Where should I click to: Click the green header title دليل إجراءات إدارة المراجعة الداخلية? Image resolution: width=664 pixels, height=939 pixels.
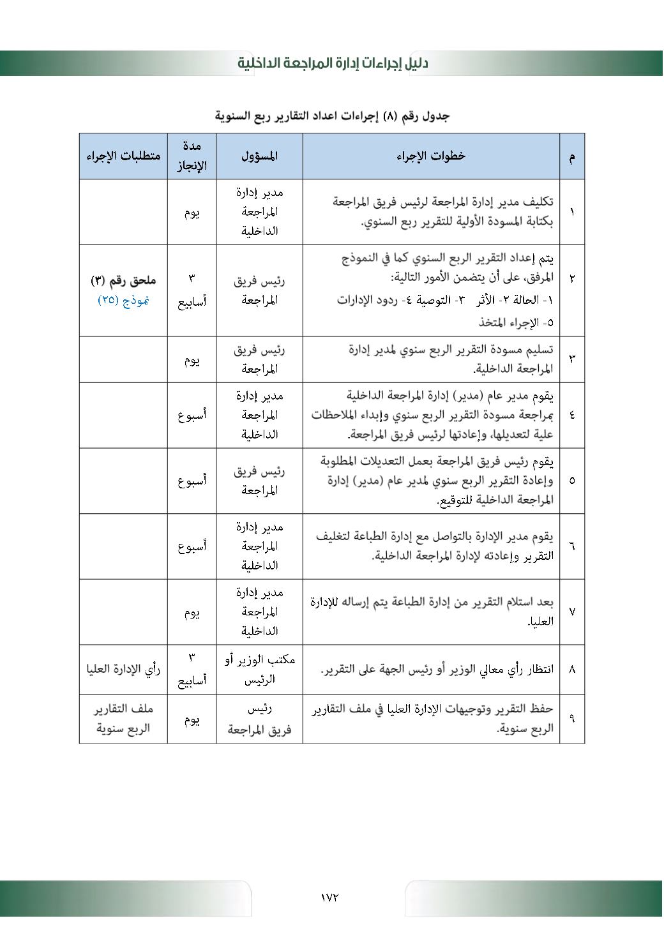coord(333,63)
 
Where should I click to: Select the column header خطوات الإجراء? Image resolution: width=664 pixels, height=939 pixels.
coord(431,156)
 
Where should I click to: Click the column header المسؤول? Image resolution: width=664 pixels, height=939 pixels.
coord(259,156)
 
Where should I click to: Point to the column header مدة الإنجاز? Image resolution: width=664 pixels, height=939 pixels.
coord(192,156)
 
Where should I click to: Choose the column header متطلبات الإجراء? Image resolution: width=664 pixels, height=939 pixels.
coord(123,156)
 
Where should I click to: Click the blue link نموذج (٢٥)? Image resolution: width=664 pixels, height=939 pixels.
coord(123,300)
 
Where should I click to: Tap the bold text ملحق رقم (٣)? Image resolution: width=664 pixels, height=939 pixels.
coord(123,280)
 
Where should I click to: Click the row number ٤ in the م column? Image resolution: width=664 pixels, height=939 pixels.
coord(571,415)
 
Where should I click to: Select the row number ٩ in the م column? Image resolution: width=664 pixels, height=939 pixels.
coord(571,719)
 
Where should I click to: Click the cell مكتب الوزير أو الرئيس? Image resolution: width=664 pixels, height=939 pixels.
coord(259,669)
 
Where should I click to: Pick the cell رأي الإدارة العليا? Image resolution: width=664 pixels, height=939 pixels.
coord(123,669)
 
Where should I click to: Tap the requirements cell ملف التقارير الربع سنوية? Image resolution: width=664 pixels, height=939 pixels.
coord(123,719)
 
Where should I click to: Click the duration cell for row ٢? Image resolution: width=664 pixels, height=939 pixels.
coord(192,290)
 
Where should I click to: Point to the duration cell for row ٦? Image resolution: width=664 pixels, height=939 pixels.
coord(192,546)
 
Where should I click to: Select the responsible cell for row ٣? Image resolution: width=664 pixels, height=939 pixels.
coord(259,359)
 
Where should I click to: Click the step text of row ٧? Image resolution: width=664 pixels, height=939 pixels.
coord(431,612)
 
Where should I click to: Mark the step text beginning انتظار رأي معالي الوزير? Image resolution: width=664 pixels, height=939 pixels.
coord(437,669)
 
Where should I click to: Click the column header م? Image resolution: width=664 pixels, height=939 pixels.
coord(571,156)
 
